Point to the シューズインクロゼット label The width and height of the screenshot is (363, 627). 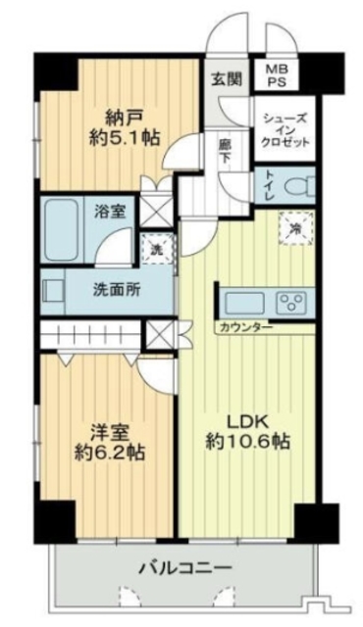click(285, 127)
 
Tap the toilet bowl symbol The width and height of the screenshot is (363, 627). click(299, 185)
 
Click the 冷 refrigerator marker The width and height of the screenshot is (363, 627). click(295, 226)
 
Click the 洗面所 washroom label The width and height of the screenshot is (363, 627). click(116, 290)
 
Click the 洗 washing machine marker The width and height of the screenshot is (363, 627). click(153, 249)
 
